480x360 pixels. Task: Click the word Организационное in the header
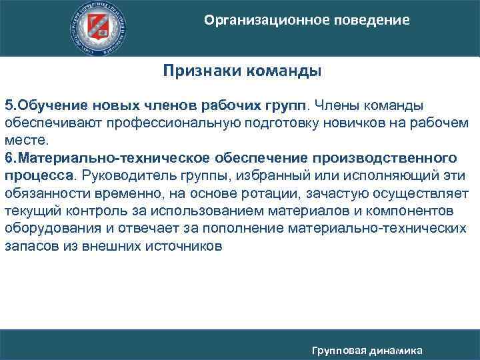click(x=261, y=21)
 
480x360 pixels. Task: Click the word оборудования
click(x=45, y=228)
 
